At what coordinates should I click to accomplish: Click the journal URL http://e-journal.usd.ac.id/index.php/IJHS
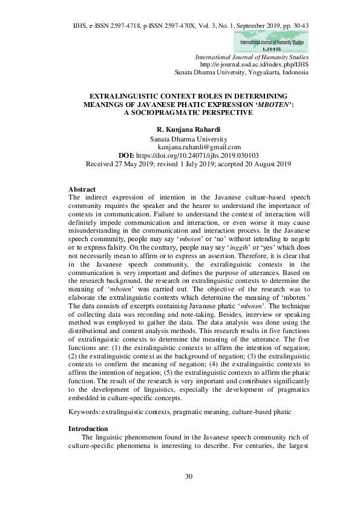pos(254,64)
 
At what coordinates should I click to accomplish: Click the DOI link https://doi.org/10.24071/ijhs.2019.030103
pos(203,155)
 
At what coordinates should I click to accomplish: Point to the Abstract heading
pos(82,189)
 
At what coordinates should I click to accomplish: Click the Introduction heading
pos(89,428)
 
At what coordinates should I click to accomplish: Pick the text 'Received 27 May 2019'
pos(122,163)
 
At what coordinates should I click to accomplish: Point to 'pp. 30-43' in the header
pos(296,11)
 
